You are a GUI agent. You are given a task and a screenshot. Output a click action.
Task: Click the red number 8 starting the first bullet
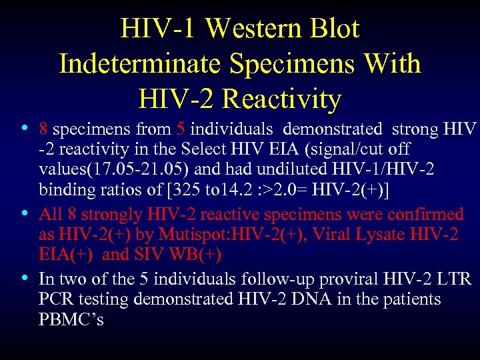click(x=43, y=129)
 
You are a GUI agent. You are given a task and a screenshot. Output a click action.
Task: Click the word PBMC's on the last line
click(x=71, y=319)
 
